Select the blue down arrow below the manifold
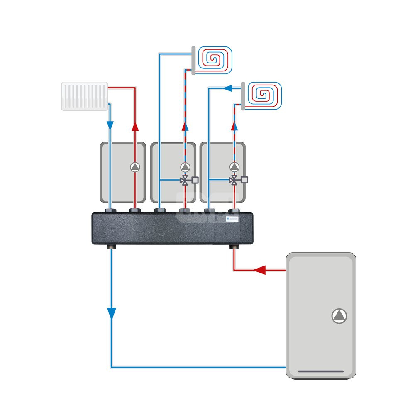coord(111,313)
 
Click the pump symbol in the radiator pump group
coord(135,167)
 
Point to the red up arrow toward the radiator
coord(135,126)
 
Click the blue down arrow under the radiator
coord(110,125)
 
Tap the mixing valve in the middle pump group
coord(185,180)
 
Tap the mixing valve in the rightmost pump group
coord(234,180)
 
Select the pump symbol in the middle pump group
coord(185,167)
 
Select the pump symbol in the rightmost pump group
coord(234,167)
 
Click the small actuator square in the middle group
coord(195,180)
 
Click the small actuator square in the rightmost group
coord(244,180)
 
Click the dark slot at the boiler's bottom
coord(321,371)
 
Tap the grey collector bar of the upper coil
coord(193,61)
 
